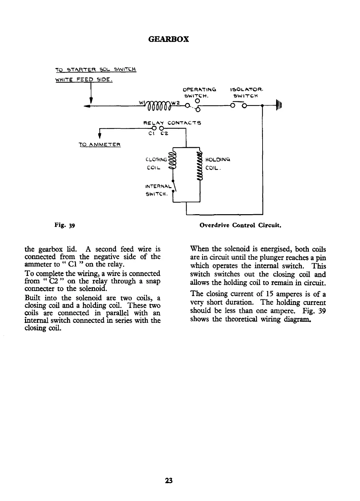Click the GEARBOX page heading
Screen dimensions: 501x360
(x=168, y=39)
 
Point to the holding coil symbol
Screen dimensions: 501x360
(x=199, y=166)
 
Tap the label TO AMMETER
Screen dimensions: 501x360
(x=99, y=145)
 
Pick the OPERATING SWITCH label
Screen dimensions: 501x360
(x=199, y=92)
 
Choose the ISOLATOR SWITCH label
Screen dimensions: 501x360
(x=246, y=92)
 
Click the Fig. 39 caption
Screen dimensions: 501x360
(x=65, y=226)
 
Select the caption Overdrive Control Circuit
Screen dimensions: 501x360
(x=240, y=226)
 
